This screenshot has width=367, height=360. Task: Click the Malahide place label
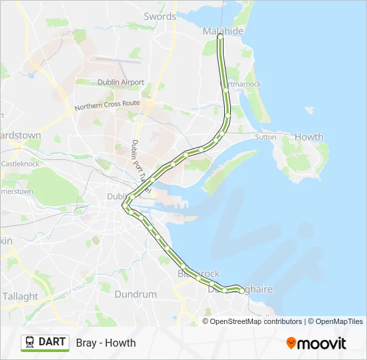coord(224,31)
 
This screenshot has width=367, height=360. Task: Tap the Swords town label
coord(160,16)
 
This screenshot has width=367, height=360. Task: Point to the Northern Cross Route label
coord(107,105)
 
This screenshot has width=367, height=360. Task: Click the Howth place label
coord(309,137)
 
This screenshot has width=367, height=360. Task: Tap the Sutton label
coord(265,137)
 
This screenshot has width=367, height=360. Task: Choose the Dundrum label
coord(135,294)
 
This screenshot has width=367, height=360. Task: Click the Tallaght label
coord(20,296)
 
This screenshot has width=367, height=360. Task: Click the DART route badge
coord(45,343)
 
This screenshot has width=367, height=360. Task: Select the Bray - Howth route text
coord(105,343)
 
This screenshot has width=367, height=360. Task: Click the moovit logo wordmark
coord(322,343)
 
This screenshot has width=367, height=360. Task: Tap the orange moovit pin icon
coord(291,343)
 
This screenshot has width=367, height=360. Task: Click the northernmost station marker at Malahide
coord(220,37)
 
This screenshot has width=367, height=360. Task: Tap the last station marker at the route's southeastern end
coord(242,291)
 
